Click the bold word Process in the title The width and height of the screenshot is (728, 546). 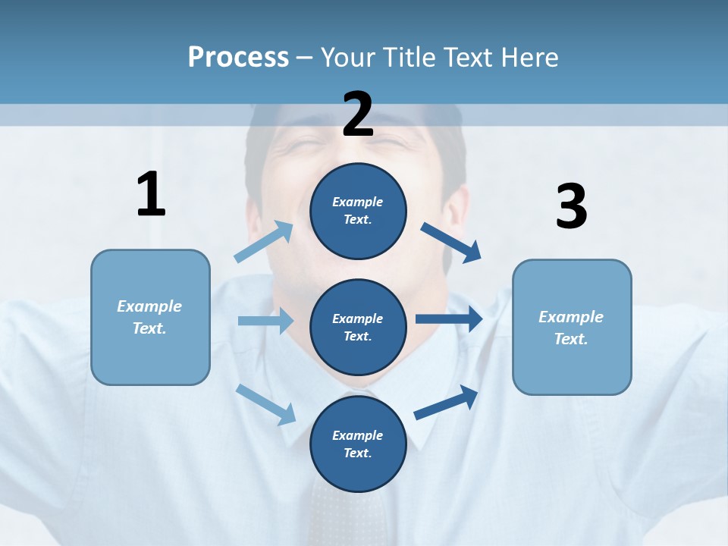click(x=238, y=58)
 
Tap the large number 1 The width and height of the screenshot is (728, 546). click(x=151, y=194)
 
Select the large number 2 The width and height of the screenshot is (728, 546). click(x=358, y=114)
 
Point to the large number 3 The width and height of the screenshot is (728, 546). click(x=571, y=206)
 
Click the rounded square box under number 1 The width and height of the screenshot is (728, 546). click(x=150, y=317)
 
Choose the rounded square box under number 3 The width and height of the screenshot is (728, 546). click(x=572, y=327)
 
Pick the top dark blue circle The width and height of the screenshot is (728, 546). click(x=358, y=211)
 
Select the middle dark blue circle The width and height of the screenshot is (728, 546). click(x=358, y=327)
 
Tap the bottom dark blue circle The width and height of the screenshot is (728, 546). click(x=358, y=444)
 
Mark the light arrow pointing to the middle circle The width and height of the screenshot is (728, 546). click(x=265, y=321)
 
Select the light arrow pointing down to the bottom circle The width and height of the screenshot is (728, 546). click(x=265, y=403)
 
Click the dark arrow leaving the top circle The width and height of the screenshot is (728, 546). click(x=451, y=243)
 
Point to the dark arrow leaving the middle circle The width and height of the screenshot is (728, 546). click(x=449, y=319)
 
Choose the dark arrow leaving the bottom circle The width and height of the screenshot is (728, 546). click(x=446, y=403)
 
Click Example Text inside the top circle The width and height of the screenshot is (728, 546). click(x=358, y=211)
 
